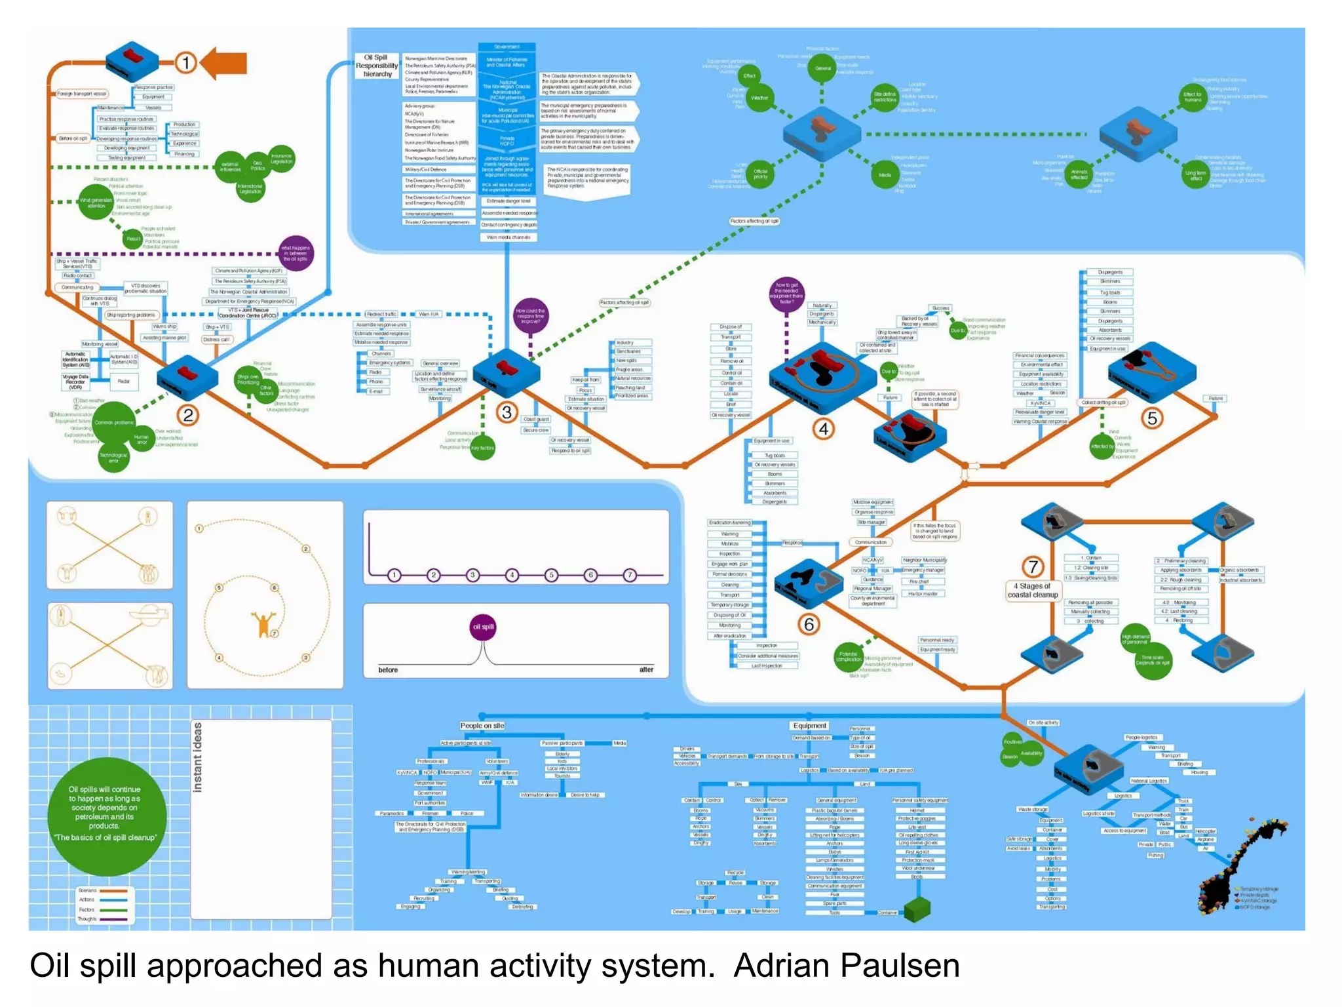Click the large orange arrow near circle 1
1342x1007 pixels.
tap(225, 63)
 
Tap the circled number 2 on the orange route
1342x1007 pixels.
tap(188, 415)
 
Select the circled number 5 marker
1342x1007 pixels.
tap(1151, 418)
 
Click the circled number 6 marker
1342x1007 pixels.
tap(809, 624)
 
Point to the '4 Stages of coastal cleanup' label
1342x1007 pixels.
tap(1033, 590)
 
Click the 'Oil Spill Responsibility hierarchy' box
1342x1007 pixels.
tap(377, 66)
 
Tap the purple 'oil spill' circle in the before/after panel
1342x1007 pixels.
tap(483, 627)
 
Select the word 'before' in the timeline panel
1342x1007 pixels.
tap(388, 669)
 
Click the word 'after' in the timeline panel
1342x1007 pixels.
tap(646, 669)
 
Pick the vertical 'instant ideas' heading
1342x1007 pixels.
tap(197, 757)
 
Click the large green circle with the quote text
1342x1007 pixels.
tap(106, 816)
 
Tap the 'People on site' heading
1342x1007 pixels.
tap(482, 726)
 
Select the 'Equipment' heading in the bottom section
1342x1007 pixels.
tap(809, 726)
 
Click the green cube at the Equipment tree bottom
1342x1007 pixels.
tap(917, 909)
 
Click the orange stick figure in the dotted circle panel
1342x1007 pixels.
tap(263, 623)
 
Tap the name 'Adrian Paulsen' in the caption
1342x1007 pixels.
tap(846, 966)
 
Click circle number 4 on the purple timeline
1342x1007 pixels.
tap(512, 575)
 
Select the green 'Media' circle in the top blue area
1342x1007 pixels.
tap(884, 175)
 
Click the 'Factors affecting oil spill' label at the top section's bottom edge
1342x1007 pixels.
tap(754, 221)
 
